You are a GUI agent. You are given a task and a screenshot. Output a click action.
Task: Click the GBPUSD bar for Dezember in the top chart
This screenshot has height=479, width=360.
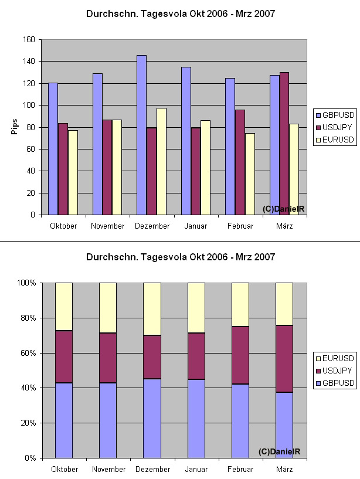point(141,135)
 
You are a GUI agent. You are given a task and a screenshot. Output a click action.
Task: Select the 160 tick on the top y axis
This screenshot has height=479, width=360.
point(28,40)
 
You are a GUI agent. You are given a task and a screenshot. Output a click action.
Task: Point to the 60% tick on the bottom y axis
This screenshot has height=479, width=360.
point(28,353)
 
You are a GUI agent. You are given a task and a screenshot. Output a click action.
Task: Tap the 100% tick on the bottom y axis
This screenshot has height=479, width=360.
point(27,283)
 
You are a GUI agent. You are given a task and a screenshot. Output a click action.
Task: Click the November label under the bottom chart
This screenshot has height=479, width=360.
point(108,469)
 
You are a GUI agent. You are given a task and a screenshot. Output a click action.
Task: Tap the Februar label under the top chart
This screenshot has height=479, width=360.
point(240,226)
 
